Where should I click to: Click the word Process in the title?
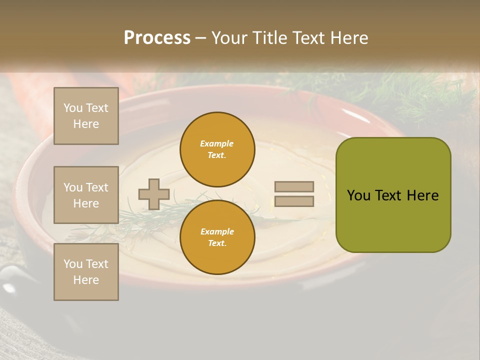pyautogui.click(x=157, y=38)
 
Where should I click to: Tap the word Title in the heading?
pyautogui.click(x=269, y=38)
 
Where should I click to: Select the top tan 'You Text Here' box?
pyautogui.click(x=86, y=116)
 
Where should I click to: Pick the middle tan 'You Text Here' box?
pyautogui.click(x=86, y=195)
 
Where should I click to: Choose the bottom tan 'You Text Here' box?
pyautogui.click(x=86, y=272)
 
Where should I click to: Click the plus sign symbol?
pyautogui.click(x=154, y=194)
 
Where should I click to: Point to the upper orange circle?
pyautogui.click(x=217, y=149)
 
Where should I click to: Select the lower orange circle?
pyautogui.click(x=217, y=237)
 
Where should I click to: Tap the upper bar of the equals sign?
pyautogui.click(x=294, y=186)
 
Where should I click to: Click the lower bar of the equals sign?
pyautogui.click(x=294, y=201)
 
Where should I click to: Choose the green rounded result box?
pyautogui.click(x=393, y=195)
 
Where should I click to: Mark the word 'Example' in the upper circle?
pyautogui.click(x=217, y=143)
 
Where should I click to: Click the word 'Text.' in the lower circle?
pyautogui.click(x=217, y=243)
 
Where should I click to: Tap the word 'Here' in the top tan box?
pyautogui.click(x=86, y=124)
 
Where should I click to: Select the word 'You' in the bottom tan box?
pyautogui.click(x=73, y=264)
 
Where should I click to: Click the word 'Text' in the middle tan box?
pyautogui.click(x=97, y=187)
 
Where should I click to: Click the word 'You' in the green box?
pyautogui.click(x=358, y=195)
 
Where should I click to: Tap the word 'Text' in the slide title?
pyautogui.click(x=307, y=38)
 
